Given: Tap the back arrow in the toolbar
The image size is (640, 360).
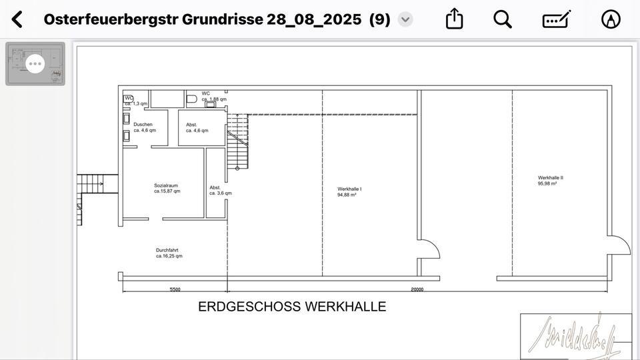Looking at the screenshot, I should click(17, 19).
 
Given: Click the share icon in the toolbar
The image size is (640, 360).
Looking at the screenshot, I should click(454, 19).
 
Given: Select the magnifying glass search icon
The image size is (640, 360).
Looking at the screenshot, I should click(503, 19).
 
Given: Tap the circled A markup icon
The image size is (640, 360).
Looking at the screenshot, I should click(610, 19).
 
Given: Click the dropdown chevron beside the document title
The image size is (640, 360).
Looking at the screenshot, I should click(405, 19).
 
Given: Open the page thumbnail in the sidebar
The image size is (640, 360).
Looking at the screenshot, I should click(35, 64).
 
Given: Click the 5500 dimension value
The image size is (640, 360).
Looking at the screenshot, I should click(175, 289).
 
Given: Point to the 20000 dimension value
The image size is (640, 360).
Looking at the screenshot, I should click(417, 289).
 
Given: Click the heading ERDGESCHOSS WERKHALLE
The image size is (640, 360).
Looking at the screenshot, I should click(292, 307).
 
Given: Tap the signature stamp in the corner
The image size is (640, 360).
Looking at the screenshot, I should click(575, 335).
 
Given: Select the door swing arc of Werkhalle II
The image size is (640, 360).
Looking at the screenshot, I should click(619, 245).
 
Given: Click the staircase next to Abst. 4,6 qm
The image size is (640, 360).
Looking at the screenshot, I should click(237, 140).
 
